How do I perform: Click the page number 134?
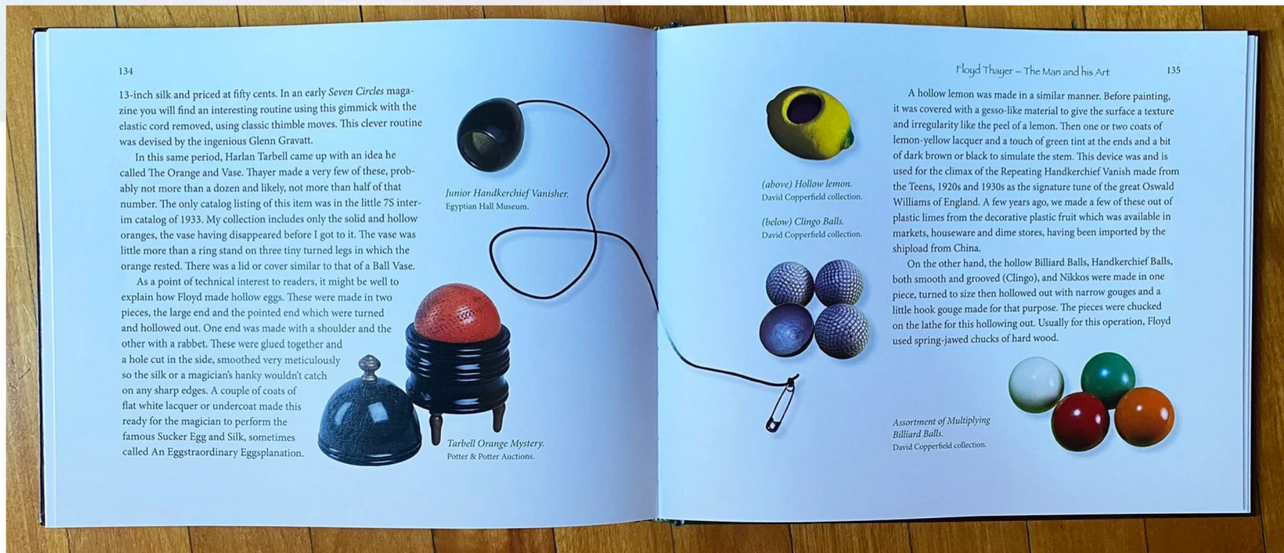[x=126, y=71]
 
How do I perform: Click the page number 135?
[x=1173, y=70]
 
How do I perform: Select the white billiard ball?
[x=1036, y=385]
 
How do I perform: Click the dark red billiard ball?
[x=1080, y=421]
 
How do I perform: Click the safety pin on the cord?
[x=782, y=403]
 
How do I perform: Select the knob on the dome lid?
[x=369, y=366]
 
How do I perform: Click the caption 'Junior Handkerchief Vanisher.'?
[x=506, y=193]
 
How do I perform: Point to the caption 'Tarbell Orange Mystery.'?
[x=495, y=443]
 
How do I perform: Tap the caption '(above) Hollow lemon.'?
[x=806, y=184]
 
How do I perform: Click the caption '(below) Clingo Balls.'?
[x=802, y=221]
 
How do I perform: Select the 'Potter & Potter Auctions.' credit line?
[x=490, y=457]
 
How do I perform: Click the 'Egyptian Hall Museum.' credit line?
[x=487, y=207]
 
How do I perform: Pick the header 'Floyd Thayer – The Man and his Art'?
[x=1032, y=71]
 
